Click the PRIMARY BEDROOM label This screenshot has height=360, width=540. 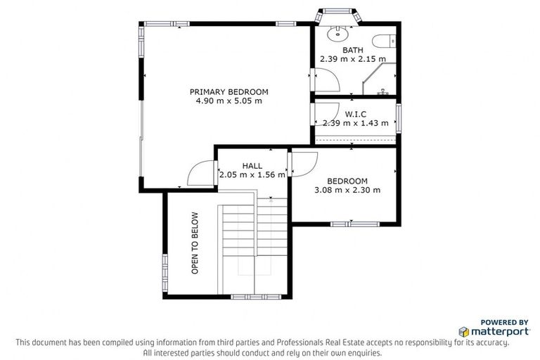tap(229, 91)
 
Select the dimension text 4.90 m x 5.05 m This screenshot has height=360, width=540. tap(229, 101)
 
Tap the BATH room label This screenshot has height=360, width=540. tap(354, 50)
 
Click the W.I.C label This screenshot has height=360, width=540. tap(356, 114)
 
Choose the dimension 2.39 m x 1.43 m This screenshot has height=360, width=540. tap(355, 123)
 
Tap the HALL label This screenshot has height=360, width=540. tap(252, 166)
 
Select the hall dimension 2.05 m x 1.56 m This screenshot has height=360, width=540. tap(252, 175)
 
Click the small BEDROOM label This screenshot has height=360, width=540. tap(347, 181)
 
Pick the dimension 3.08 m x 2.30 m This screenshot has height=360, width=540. tap(347, 190)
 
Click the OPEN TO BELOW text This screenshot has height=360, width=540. tap(195, 243)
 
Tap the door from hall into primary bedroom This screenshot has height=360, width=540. tap(200, 173)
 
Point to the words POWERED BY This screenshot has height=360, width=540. tap(505, 321)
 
